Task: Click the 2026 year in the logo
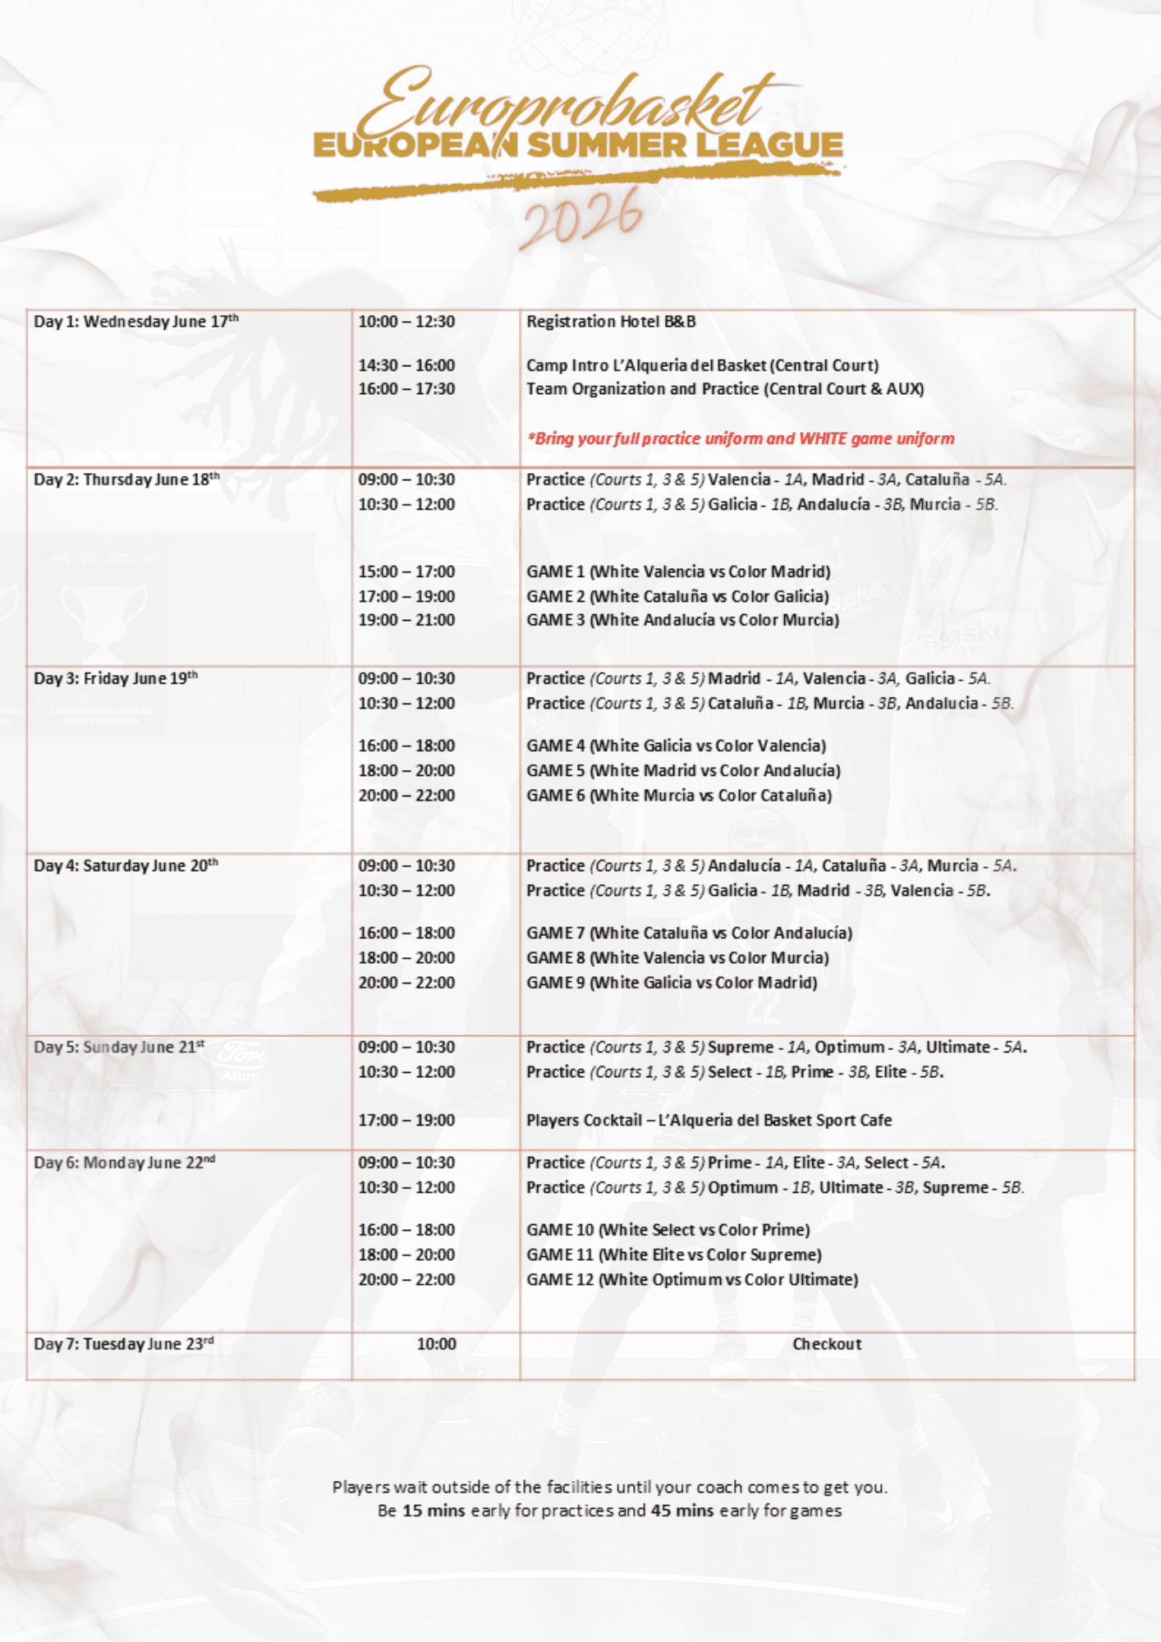(581, 218)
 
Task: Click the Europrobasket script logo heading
(567, 103)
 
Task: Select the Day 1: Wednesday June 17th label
(136, 322)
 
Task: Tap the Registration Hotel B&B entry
(611, 322)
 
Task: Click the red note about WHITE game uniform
(741, 438)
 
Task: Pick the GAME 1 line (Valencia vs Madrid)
(678, 571)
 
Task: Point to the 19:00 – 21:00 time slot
(406, 620)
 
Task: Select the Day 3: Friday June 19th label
(116, 679)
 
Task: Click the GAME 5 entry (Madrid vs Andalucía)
(683, 770)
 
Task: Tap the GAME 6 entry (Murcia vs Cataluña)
(679, 795)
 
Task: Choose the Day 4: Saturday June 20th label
(126, 866)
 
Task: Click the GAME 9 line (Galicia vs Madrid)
(672, 982)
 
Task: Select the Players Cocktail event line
(709, 1120)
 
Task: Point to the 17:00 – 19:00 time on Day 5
(406, 1120)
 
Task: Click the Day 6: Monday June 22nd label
(125, 1163)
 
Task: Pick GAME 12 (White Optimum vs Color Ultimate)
(692, 1279)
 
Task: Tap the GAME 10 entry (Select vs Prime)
(668, 1230)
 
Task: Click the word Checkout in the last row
(827, 1344)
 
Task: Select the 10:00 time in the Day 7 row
(436, 1344)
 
